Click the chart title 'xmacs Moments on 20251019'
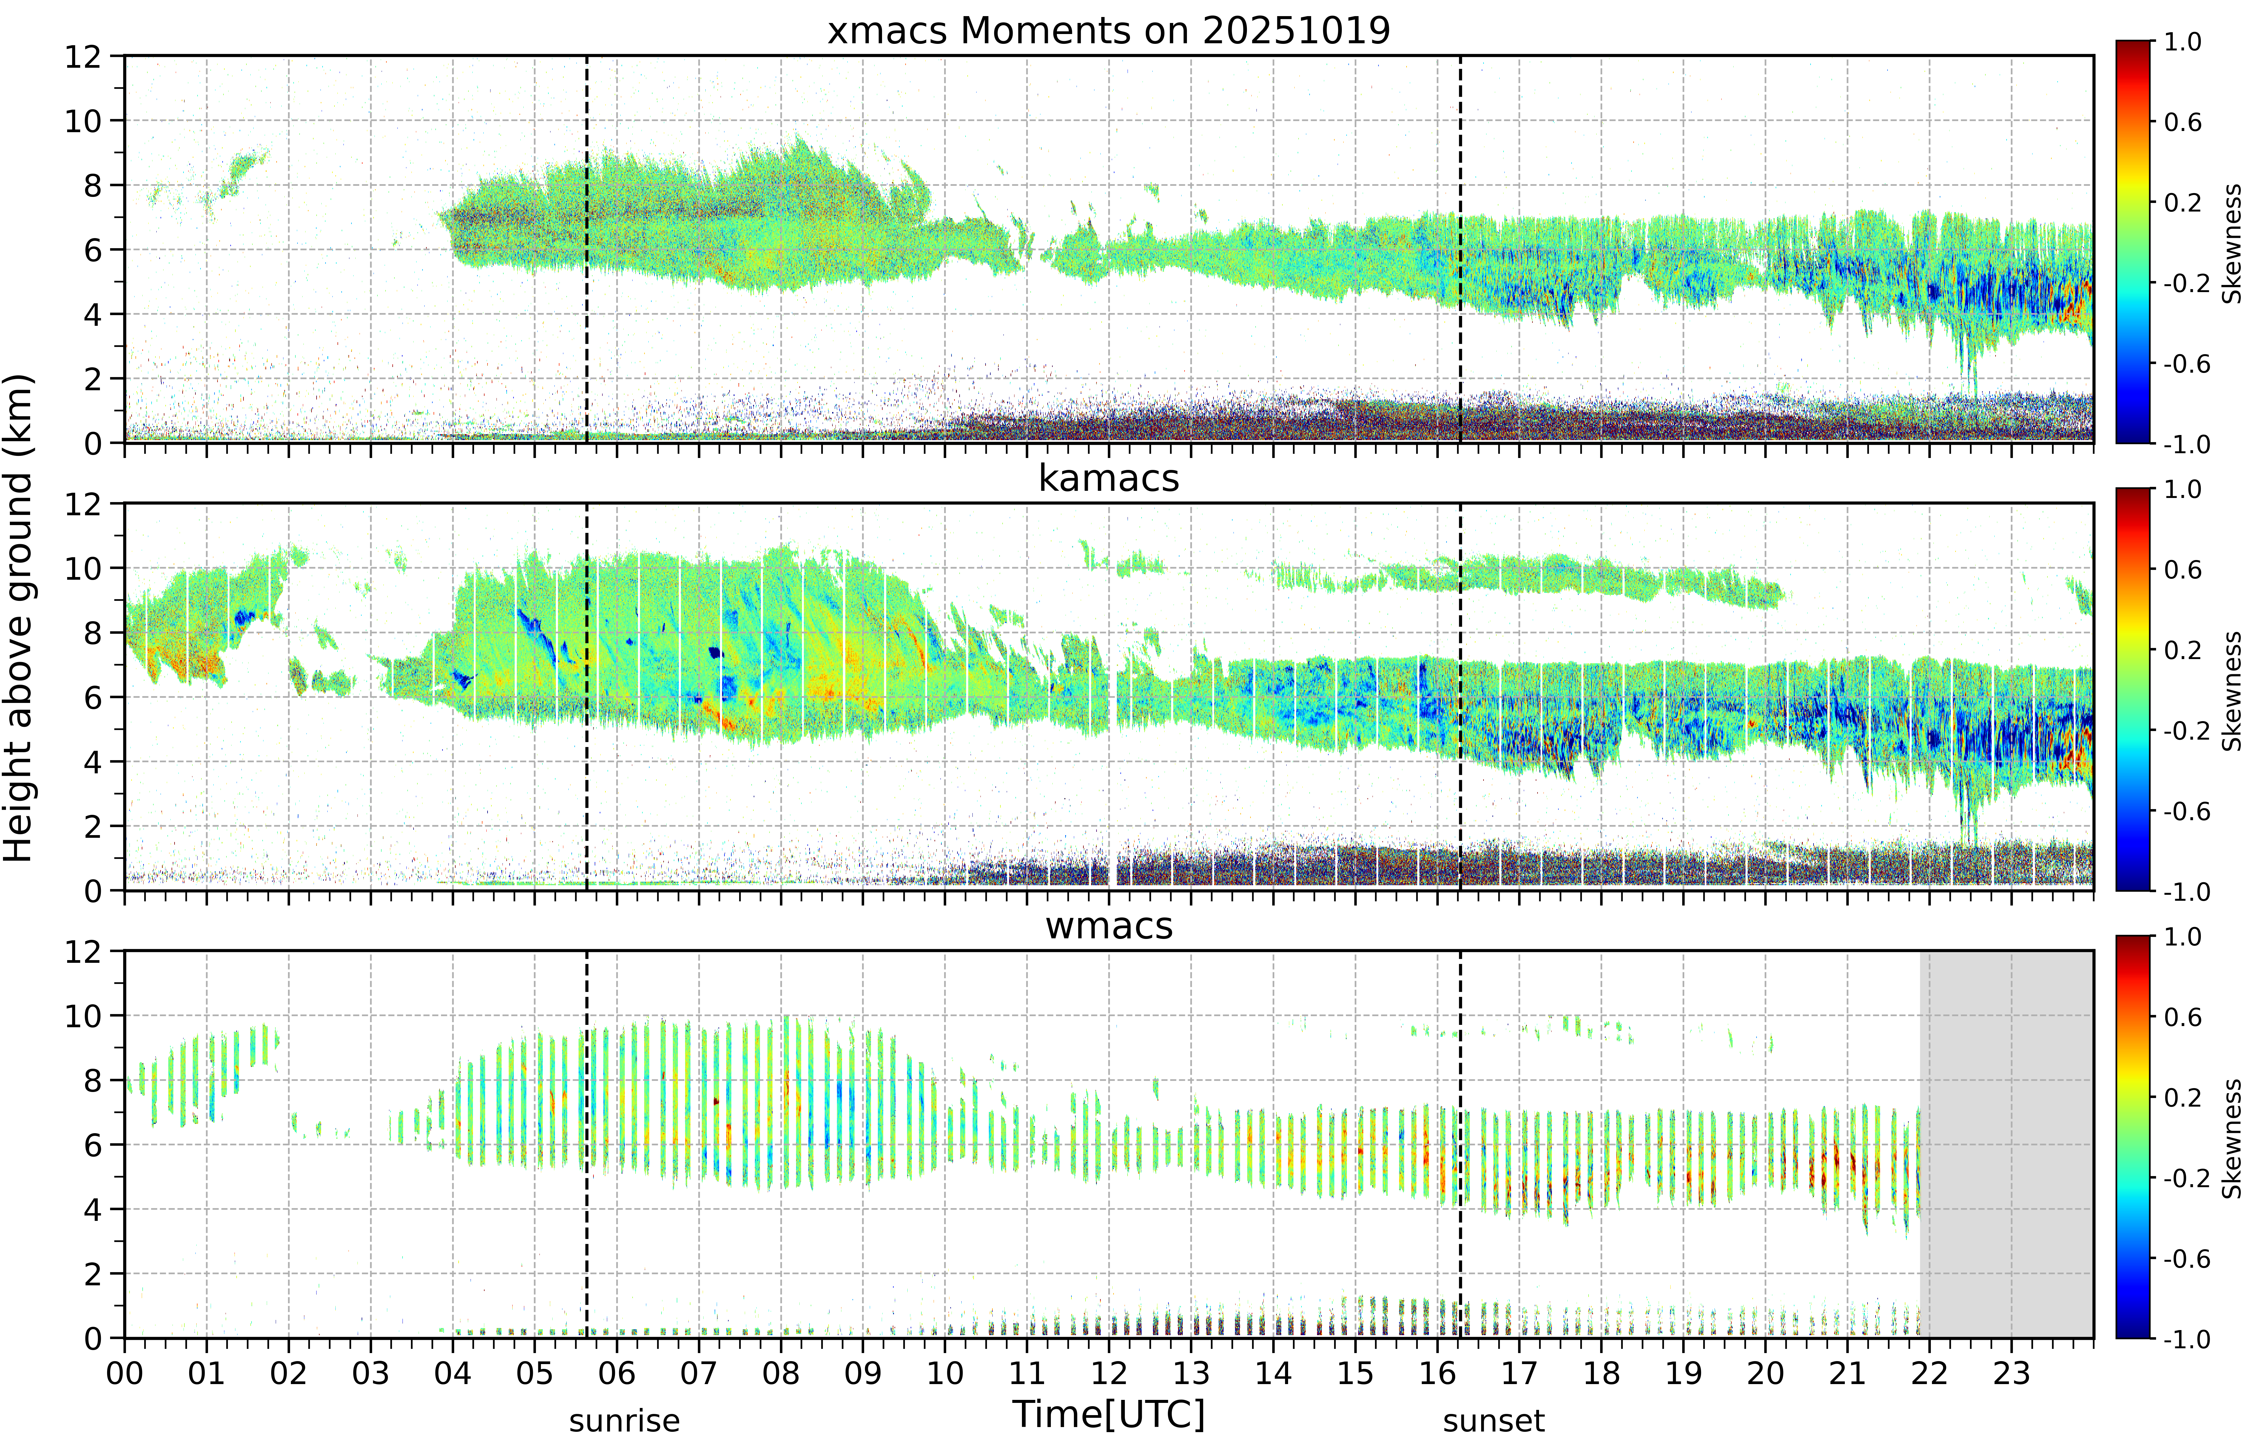(x=1109, y=31)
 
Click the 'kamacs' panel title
(x=1109, y=478)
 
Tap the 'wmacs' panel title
(x=1109, y=926)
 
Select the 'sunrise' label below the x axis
(x=624, y=1421)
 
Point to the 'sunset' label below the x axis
(x=1494, y=1421)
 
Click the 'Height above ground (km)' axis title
(x=19, y=618)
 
